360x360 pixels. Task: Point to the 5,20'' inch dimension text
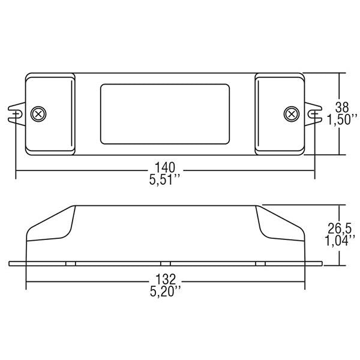click(x=164, y=292)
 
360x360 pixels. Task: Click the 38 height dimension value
click(x=341, y=107)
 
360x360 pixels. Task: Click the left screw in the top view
click(x=39, y=113)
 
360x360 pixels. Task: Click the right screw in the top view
click(x=291, y=113)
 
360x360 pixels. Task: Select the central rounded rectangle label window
click(x=164, y=113)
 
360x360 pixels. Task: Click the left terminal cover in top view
click(x=50, y=113)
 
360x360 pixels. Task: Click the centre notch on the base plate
click(x=166, y=263)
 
